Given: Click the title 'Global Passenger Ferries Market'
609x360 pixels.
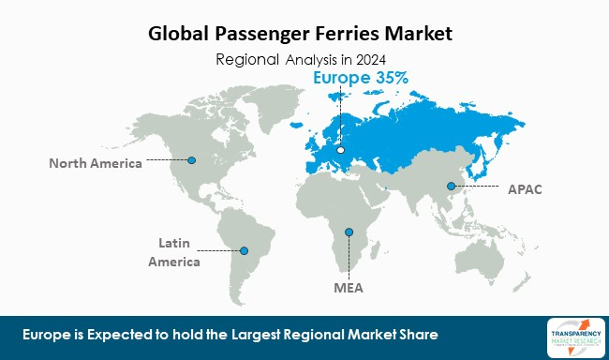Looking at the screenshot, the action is pyautogui.click(x=301, y=35).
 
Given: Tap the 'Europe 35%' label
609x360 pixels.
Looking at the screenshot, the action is pyautogui.click(x=360, y=79).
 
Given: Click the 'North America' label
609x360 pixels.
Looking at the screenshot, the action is pyautogui.click(x=96, y=163).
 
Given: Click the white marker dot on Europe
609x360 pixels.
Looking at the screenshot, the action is pyautogui.click(x=341, y=150).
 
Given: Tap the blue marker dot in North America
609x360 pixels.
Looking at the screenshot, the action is pyautogui.click(x=191, y=159).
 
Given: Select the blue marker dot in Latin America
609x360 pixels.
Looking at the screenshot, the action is pyautogui.click(x=245, y=250).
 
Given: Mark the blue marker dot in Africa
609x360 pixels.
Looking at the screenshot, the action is pyautogui.click(x=349, y=232).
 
